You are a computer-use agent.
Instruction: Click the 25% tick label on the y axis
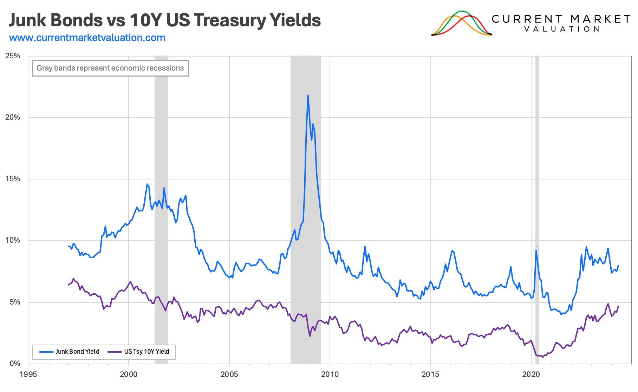[13, 56]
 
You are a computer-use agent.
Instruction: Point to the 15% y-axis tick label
[13, 179]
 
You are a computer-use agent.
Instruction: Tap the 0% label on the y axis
[14, 364]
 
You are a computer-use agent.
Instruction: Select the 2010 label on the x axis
[330, 374]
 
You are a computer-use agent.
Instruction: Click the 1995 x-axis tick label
[28, 374]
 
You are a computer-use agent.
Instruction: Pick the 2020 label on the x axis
[531, 374]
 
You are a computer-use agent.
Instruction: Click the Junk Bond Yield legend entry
[69, 352]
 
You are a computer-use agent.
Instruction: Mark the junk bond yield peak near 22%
[308, 95]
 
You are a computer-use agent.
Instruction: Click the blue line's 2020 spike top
[536, 250]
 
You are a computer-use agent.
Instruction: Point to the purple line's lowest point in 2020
[542, 357]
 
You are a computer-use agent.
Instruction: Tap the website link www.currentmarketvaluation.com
[87, 38]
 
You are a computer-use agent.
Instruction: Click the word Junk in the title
[27, 20]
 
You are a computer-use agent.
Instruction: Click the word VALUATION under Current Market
[561, 29]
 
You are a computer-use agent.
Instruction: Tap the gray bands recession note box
[110, 68]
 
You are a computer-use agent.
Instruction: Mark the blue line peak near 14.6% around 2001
[147, 184]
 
